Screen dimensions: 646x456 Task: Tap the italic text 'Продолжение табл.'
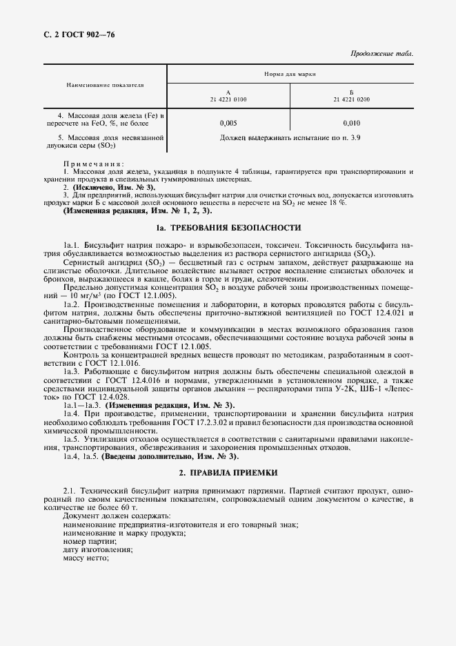coord(384,54)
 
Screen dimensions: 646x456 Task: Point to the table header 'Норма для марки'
coord(290,73)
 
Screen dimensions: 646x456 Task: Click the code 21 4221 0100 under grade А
coord(228,99)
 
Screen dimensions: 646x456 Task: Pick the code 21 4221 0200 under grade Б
coord(352,99)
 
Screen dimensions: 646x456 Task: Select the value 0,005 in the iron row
coord(228,123)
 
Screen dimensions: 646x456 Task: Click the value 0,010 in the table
coord(352,123)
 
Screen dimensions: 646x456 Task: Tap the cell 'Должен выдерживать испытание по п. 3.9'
coord(290,138)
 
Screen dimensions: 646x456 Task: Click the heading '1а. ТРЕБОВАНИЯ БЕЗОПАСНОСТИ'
coord(228,227)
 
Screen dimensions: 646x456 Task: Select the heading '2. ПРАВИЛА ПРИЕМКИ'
coord(228,473)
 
